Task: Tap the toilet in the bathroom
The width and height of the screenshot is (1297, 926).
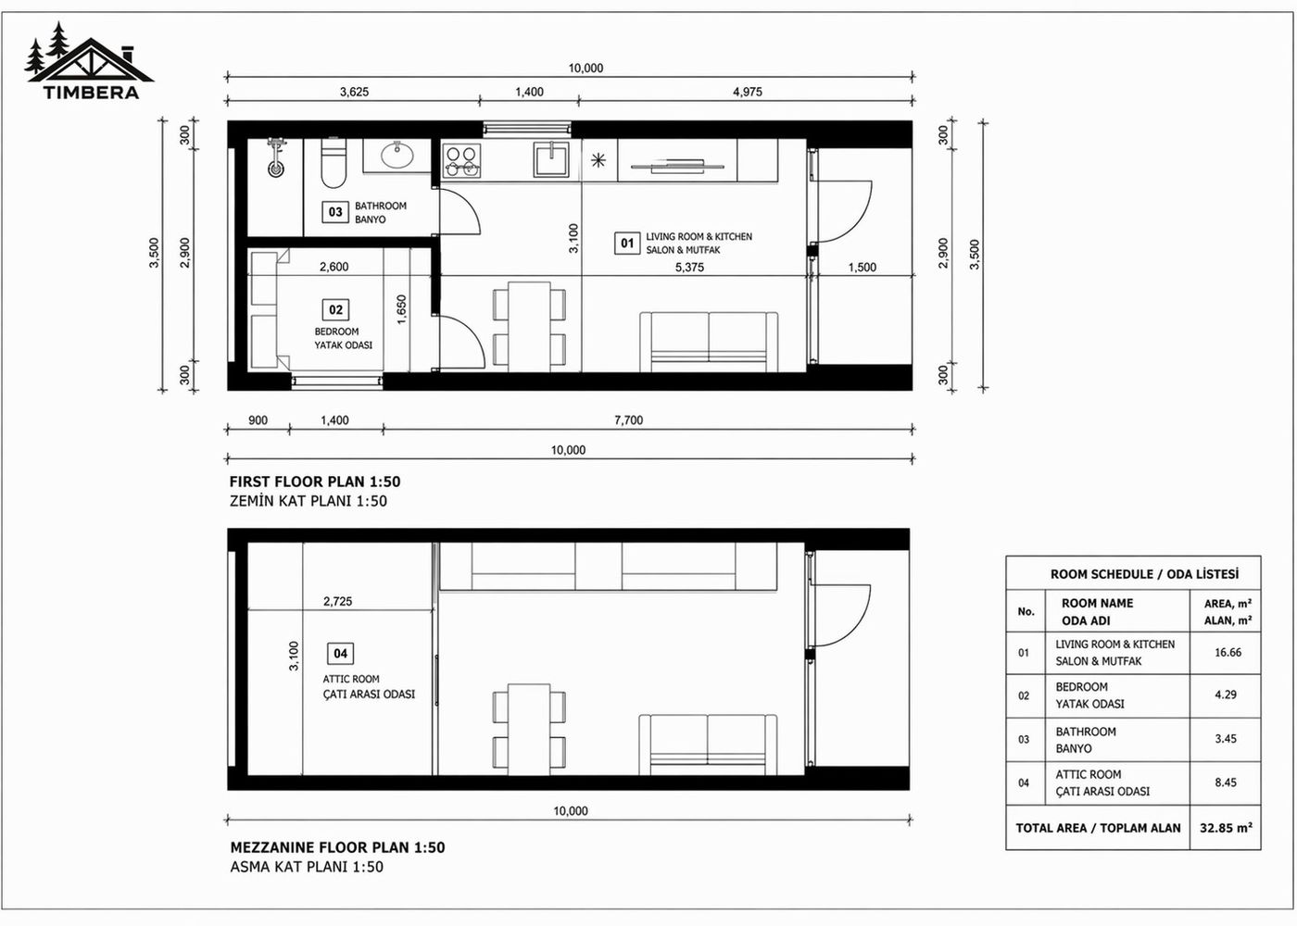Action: click(x=332, y=164)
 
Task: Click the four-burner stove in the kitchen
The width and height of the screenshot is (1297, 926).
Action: click(x=461, y=161)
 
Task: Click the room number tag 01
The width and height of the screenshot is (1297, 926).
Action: click(x=627, y=243)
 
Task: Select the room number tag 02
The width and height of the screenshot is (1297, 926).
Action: click(x=335, y=310)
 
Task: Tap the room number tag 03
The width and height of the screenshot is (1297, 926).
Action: click(x=335, y=212)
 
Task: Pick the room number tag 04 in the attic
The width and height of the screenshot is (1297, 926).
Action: click(x=340, y=654)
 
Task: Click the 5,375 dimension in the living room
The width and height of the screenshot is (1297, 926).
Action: click(x=689, y=267)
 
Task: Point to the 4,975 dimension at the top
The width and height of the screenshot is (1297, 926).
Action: click(x=747, y=92)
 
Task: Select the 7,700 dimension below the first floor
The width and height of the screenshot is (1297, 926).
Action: click(x=628, y=420)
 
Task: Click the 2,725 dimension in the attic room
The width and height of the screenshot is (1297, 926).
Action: click(x=337, y=601)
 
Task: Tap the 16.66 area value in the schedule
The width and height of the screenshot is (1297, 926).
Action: click(x=1228, y=653)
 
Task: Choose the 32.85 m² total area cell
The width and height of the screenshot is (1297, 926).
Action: click(x=1226, y=828)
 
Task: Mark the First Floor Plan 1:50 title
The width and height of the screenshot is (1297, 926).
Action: click(x=315, y=482)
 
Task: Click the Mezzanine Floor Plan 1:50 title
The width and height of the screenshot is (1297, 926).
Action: click(x=337, y=847)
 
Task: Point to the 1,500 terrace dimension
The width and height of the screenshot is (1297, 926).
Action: click(x=862, y=267)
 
